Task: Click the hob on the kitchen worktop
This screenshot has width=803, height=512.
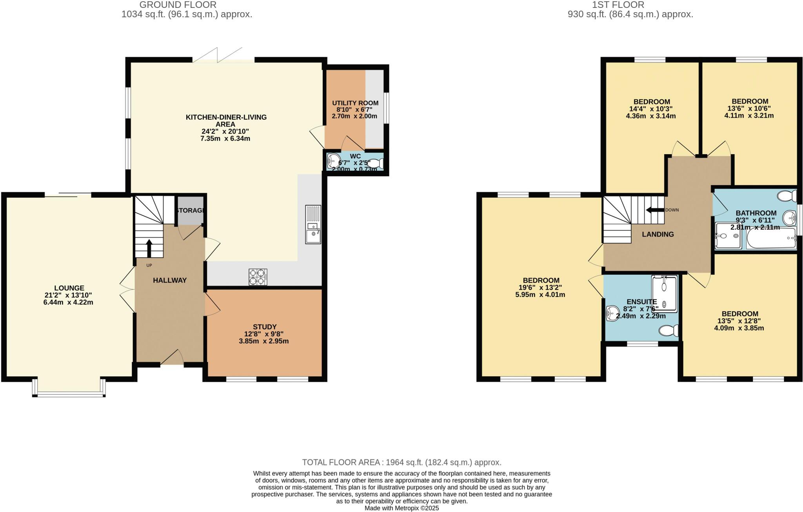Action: [258, 277]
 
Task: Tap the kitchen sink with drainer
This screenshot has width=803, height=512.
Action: [313, 224]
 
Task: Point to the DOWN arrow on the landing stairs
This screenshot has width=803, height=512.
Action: [655, 210]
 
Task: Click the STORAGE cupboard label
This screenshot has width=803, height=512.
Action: [190, 211]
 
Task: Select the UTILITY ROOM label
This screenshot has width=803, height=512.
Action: [355, 103]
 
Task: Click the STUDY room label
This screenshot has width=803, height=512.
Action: [265, 327]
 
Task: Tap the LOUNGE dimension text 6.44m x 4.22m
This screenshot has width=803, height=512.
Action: [68, 302]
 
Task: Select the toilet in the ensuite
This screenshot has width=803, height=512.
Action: [669, 331]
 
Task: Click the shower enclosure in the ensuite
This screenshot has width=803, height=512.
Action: [664, 294]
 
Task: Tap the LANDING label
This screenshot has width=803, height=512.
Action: [658, 234]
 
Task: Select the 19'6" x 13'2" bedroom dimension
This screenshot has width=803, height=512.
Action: [541, 288]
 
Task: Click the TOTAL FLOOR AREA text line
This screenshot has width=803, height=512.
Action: [401, 462]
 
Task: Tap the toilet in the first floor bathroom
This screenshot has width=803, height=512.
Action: [787, 195]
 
